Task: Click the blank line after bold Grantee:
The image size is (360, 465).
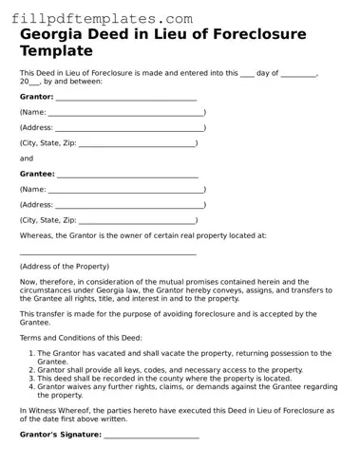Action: pyautogui.click(x=127, y=176)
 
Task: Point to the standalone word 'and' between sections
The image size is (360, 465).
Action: pyautogui.click(x=27, y=158)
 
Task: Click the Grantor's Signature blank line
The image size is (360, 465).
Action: pyautogui.click(x=151, y=436)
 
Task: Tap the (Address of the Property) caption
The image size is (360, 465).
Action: pyautogui.click(x=65, y=266)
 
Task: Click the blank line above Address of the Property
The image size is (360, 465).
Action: pyautogui.click(x=107, y=253)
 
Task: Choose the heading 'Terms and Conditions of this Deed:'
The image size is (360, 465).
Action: pyautogui.click(x=81, y=337)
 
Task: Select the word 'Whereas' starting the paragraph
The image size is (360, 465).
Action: pyautogui.click(x=38, y=234)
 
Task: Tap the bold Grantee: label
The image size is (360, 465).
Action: pyautogui.click(x=37, y=175)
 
